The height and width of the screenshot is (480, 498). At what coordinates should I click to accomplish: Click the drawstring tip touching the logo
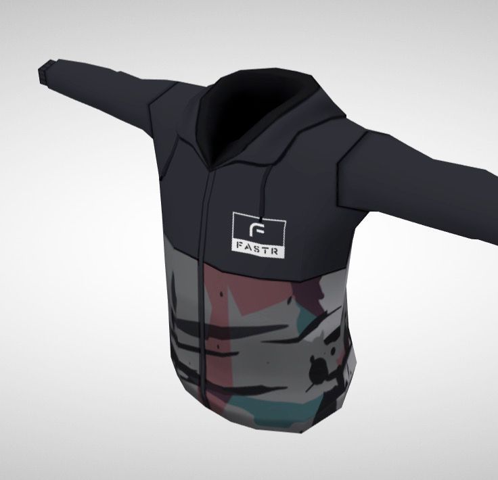click(262, 220)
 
